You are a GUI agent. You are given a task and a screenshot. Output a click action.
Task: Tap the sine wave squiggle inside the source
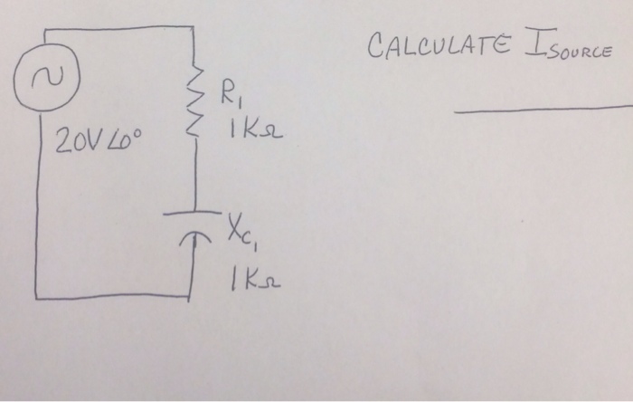pyautogui.click(x=48, y=76)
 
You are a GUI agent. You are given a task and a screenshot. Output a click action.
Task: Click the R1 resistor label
pyautogui.click(x=231, y=94)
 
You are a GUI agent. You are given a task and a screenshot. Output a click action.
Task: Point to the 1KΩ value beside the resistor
pyautogui.click(x=256, y=130)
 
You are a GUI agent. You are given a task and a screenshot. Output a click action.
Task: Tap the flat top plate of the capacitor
pyautogui.click(x=192, y=213)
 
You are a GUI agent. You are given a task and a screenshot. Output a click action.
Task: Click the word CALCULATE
pyautogui.click(x=439, y=45)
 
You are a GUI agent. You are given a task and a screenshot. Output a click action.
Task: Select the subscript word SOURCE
pyautogui.click(x=580, y=52)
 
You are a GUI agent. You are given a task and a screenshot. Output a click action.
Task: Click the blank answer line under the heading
pyautogui.click(x=543, y=109)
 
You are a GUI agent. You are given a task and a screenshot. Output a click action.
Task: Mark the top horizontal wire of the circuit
pyautogui.click(x=118, y=27)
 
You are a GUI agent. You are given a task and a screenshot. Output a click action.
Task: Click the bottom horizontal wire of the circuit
pyautogui.click(x=112, y=297)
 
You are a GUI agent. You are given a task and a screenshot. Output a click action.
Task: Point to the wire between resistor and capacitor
pyautogui.click(x=196, y=174)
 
